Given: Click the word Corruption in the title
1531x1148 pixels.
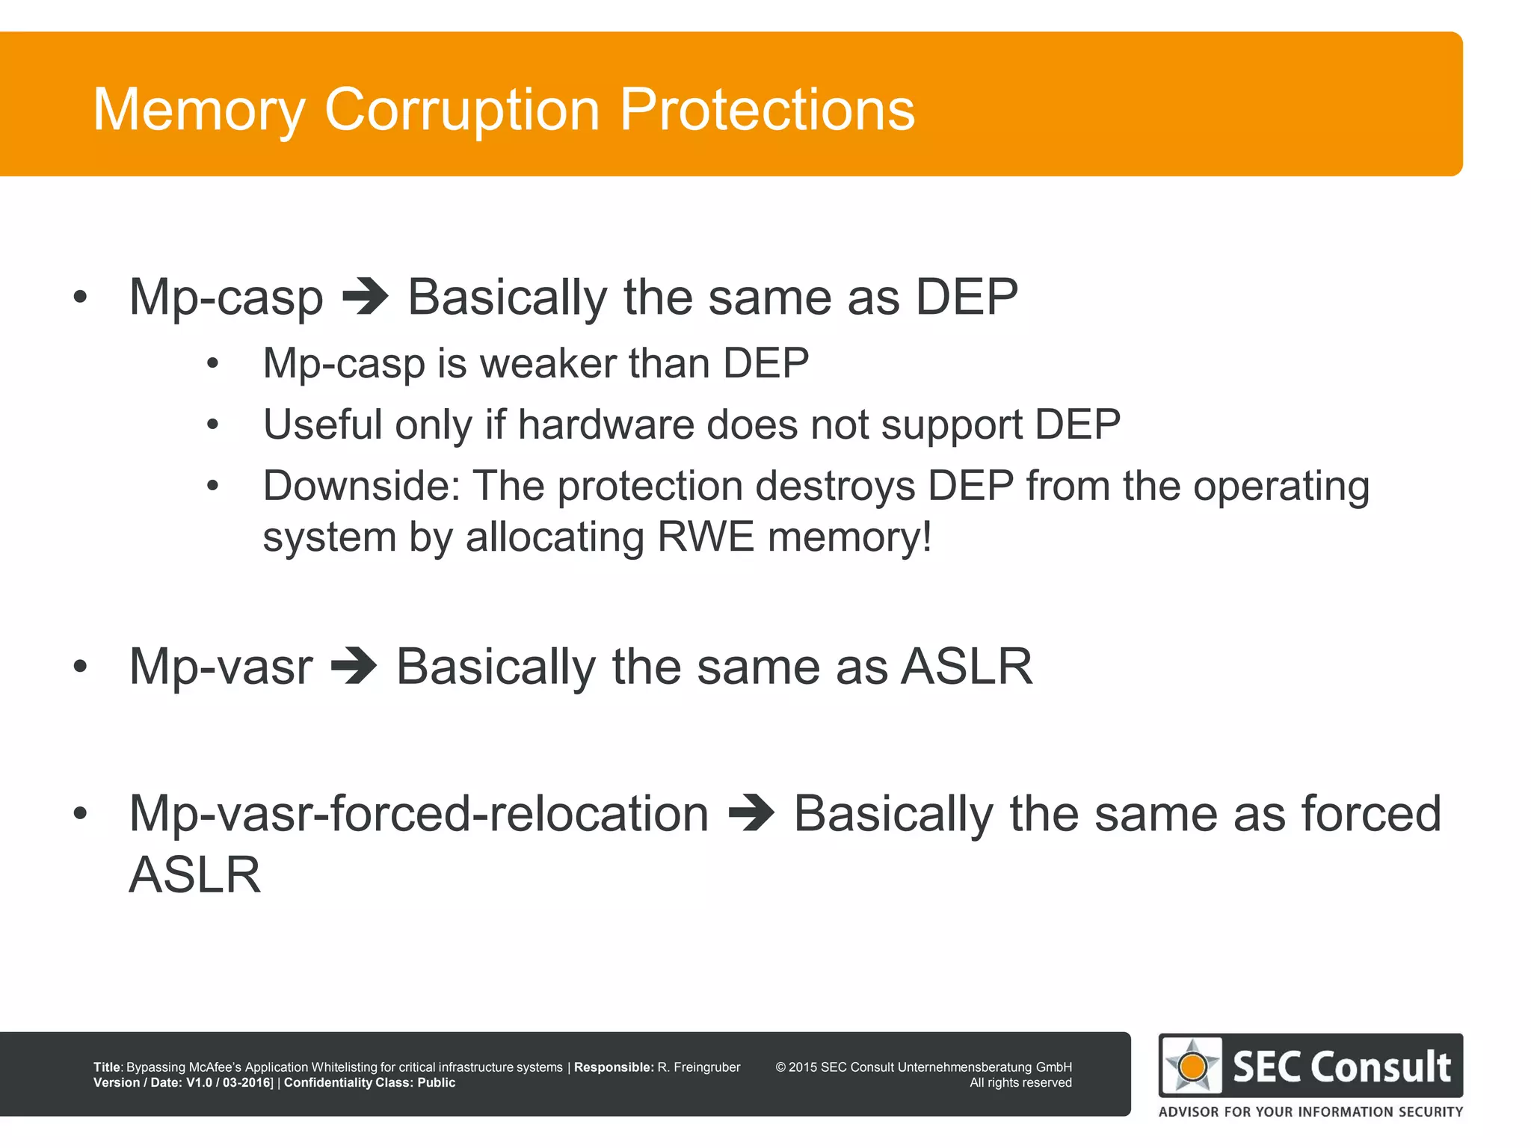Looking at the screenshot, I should [x=461, y=110].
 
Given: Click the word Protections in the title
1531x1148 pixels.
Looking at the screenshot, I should [x=767, y=110].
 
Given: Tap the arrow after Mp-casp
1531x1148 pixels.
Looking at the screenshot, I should [x=365, y=297].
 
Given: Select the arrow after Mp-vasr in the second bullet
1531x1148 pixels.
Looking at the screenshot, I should [x=354, y=666].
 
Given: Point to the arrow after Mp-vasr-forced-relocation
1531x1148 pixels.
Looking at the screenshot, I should [x=751, y=813].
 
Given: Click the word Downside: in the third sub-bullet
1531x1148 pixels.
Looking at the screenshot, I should [x=361, y=486].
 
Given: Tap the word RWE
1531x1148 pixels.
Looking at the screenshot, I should [x=706, y=537].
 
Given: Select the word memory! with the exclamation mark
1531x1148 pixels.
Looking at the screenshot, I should [x=850, y=537].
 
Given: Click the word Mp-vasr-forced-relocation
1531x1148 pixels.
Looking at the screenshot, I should [x=419, y=813].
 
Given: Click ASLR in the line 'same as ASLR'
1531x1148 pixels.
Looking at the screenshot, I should [x=967, y=666].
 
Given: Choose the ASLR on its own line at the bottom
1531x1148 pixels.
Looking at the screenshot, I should [x=195, y=874].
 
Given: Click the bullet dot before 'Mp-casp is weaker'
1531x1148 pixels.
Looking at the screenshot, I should [x=213, y=365].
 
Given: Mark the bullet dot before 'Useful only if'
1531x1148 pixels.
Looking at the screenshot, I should [x=213, y=425].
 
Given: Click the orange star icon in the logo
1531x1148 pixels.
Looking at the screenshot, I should [x=1192, y=1066].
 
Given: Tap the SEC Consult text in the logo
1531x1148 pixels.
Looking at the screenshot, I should [x=1341, y=1067].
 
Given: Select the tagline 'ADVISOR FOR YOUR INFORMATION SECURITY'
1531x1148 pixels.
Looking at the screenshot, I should [x=1310, y=1111].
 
